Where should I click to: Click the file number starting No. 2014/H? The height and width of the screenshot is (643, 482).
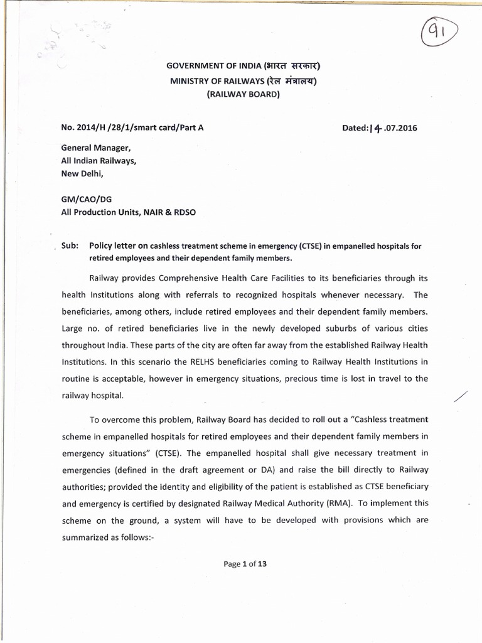tap(132, 127)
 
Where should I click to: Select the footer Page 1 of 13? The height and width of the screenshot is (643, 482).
tap(245, 564)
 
